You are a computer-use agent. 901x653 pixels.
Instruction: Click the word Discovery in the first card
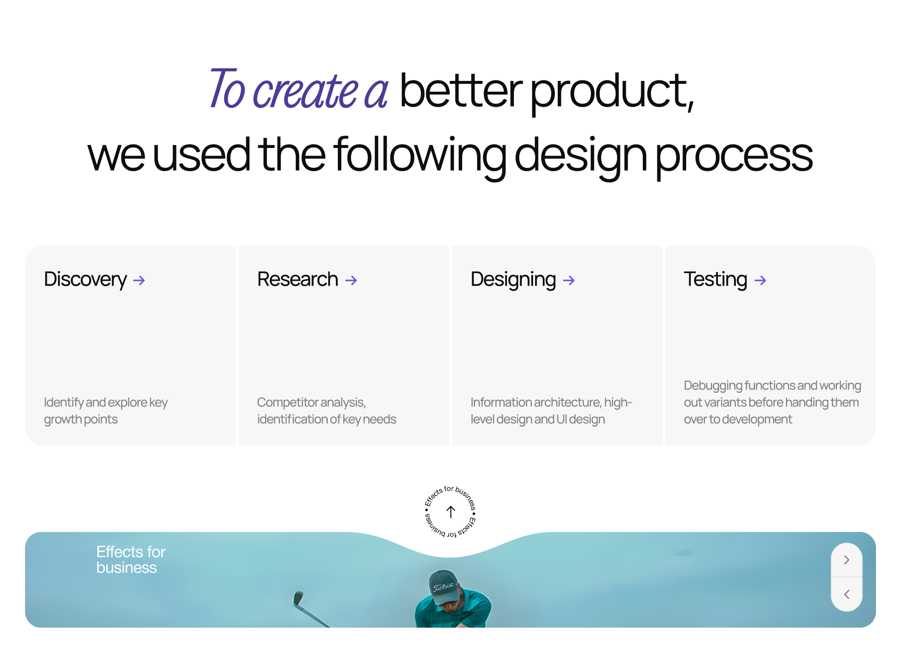coord(86,280)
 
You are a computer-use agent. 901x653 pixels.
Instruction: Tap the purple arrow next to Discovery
coord(139,281)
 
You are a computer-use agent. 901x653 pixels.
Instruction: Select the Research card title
coord(297,279)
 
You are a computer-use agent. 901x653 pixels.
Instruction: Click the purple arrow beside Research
coord(351,281)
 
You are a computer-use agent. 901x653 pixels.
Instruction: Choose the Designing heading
coord(513,280)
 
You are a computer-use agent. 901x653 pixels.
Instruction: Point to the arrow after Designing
coord(569,281)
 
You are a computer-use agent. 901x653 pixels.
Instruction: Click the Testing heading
coord(715,280)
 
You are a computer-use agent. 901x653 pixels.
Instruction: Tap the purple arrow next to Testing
coord(760,281)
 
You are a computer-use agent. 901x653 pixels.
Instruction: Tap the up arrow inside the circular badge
coord(450,512)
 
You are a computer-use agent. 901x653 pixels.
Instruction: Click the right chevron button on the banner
coord(847,560)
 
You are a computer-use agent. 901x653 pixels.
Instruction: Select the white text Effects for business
coord(131,560)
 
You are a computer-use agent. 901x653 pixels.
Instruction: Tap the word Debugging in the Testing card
coord(713,386)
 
